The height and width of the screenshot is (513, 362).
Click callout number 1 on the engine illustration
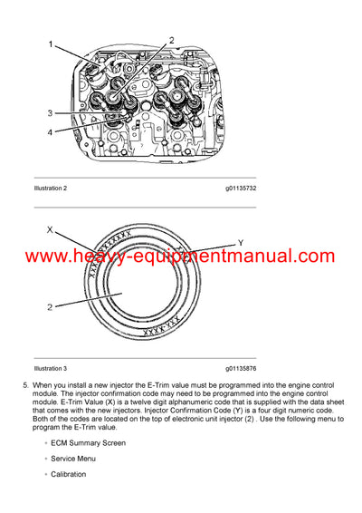(50, 44)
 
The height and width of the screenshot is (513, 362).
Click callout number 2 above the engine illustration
(170, 41)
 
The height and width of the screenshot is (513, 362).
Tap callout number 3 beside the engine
(50, 113)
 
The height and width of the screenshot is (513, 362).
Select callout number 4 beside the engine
(50, 131)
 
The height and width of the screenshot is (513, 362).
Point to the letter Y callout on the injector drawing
(240, 242)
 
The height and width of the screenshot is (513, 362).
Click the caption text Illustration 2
(51, 188)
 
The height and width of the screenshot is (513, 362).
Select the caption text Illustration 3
(51, 369)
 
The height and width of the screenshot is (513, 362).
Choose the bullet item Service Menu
(76, 459)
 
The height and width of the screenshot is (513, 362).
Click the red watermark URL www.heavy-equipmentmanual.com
(181, 256)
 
